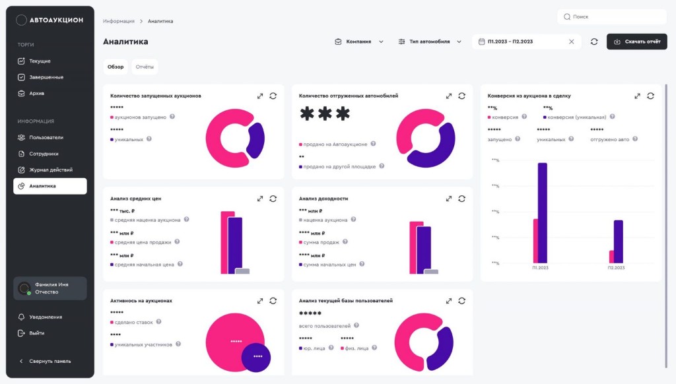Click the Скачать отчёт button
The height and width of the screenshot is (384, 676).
coord(636,42)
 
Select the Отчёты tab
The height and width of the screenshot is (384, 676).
coord(145,67)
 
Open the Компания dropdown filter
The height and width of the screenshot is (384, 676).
coord(358,42)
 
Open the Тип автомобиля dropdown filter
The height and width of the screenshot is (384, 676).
coord(430,42)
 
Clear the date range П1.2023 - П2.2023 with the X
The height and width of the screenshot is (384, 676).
coord(572,42)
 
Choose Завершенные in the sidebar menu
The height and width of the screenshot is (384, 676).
coord(46,77)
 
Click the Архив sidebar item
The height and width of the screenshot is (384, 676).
coord(36,93)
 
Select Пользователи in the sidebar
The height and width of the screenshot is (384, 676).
coord(46,137)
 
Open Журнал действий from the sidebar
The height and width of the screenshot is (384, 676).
coord(51,170)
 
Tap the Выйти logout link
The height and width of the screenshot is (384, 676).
coord(36,333)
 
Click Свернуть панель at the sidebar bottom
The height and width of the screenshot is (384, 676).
coord(50,361)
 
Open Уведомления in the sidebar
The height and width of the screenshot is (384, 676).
coord(46,317)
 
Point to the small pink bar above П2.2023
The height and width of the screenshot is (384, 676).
coord(611,257)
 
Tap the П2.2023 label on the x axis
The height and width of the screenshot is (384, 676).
coord(615,269)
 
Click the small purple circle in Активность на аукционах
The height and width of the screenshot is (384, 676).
coord(257,356)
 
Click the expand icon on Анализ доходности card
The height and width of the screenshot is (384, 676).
coord(449,199)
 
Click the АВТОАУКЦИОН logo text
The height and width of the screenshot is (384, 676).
coord(56,20)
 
